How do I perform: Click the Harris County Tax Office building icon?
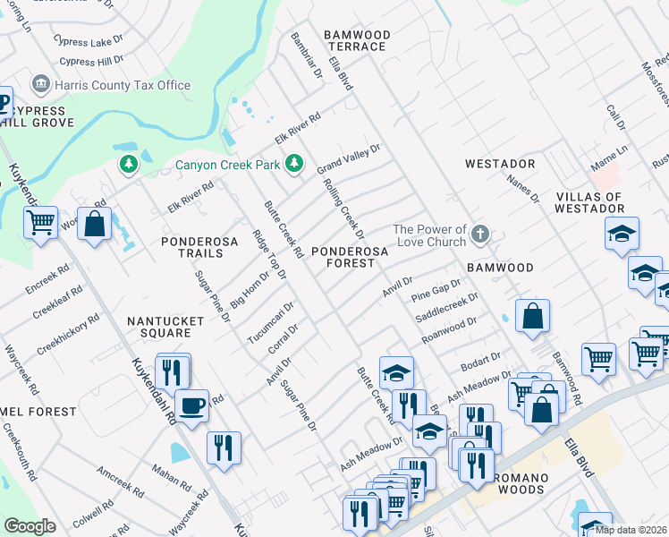(40, 85)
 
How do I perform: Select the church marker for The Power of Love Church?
(480, 234)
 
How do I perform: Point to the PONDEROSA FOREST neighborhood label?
(349, 258)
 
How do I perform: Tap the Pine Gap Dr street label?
(436, 288)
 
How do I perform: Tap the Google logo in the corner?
(30, 526)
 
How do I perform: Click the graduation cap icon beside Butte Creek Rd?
(397, 371)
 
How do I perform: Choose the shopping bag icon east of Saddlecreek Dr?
(532, 316)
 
